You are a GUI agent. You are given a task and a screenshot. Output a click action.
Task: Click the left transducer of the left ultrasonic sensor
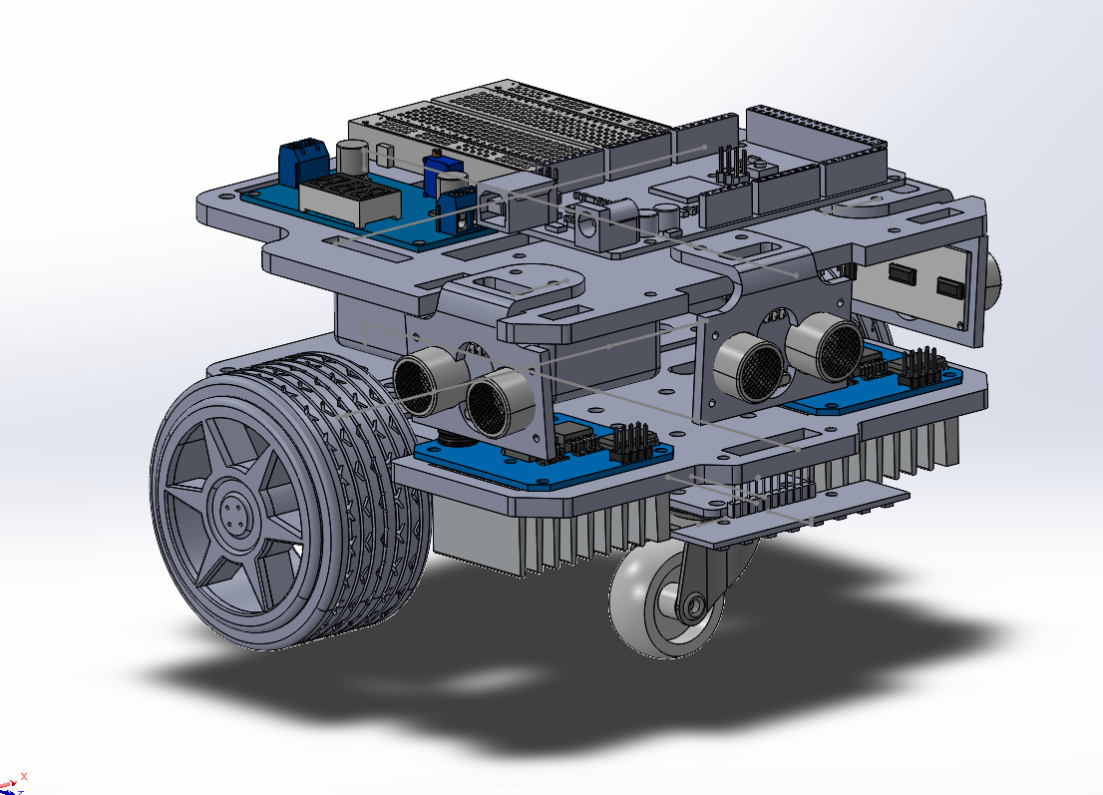coord(420,380)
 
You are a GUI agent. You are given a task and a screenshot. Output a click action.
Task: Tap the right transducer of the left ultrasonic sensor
coord(492,401)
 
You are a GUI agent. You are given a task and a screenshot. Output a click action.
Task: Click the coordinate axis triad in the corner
coord(13,782)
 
